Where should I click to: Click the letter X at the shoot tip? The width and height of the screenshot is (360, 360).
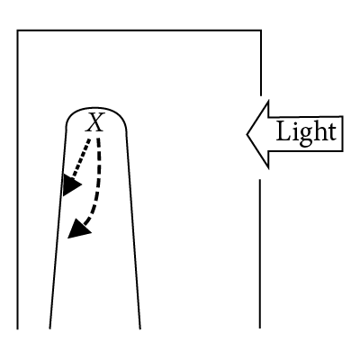tap(95, 122)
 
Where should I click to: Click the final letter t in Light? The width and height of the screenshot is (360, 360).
tap(331, 132)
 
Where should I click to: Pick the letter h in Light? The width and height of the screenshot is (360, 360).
tap(319, 130)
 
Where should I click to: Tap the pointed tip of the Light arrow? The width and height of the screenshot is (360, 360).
tap(247, 134)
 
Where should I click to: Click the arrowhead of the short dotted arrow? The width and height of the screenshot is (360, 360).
tap(71, 185)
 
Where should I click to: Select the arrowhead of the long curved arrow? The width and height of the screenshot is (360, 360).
tap(78, 229)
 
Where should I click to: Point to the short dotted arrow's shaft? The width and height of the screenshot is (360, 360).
tap(81, 157)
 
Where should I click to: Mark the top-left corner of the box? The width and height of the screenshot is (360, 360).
tap(17, 31)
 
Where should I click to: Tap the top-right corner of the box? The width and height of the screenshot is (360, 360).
tap(261, 31)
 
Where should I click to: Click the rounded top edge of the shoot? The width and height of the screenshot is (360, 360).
tap(96, 108)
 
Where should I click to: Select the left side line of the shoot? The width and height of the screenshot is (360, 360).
tap(58, 228)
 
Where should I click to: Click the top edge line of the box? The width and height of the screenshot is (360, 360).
tap(139, 31)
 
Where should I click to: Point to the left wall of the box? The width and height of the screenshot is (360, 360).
tap(17, 179)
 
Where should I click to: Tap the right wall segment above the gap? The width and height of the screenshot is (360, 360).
tap(261, 63)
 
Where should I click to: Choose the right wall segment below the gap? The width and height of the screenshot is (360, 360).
tap(260, 254)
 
